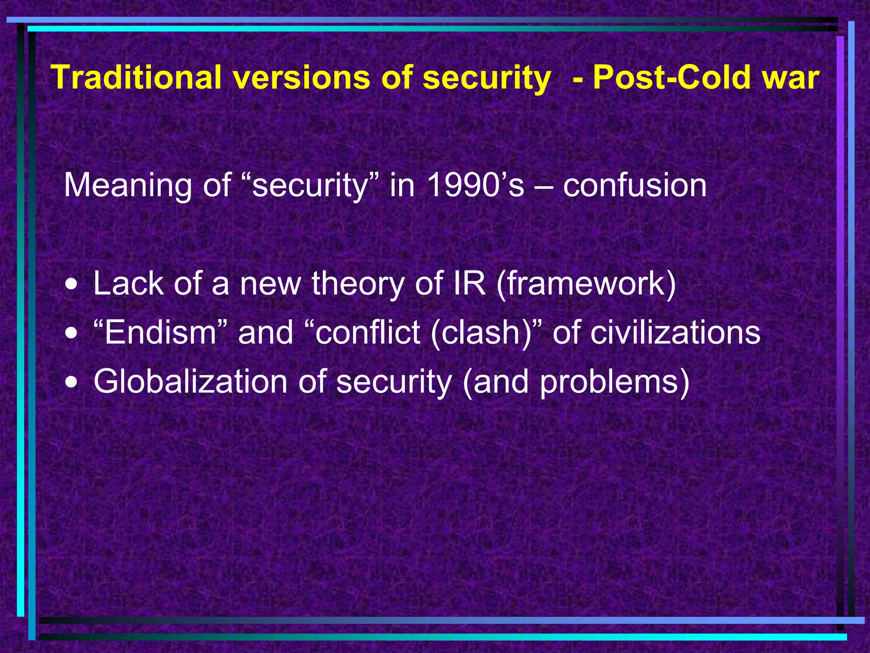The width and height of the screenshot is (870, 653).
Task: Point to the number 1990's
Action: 476,185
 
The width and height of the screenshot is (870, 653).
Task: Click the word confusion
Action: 635,185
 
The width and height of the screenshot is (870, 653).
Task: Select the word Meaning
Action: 128,185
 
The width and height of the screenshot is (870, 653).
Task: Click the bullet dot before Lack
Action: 72,285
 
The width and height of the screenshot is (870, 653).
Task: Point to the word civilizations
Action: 675,332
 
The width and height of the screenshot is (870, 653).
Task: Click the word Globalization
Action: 190,381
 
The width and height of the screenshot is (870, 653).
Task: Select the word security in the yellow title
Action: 487,78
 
